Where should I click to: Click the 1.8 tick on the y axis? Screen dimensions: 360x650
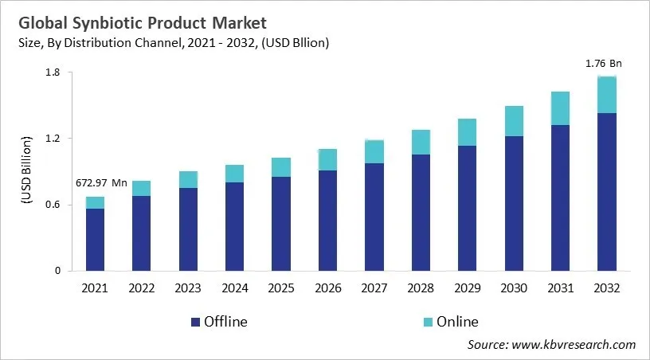pos(54,72)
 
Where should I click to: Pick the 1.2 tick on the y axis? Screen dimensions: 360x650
pos(54,139)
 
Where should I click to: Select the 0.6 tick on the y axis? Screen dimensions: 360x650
pos(54,205)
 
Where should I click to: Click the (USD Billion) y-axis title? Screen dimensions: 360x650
pos(25,170)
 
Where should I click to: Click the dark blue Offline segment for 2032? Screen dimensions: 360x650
pos(608,191)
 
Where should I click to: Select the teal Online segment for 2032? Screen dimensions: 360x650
pos(608,95)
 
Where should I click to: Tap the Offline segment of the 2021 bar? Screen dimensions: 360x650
pos(95,239)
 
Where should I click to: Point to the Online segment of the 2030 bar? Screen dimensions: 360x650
pos(515,121)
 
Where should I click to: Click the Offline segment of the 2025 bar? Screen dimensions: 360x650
pos(281,223)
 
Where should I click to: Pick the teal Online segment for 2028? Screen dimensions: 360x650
pos(421,142)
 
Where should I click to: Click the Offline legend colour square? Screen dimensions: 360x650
pos(195,322)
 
